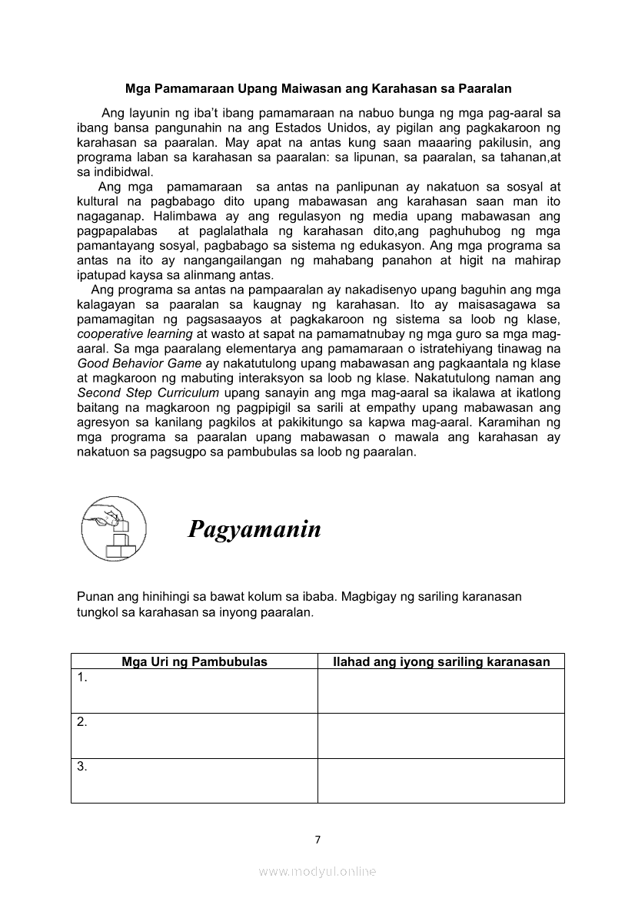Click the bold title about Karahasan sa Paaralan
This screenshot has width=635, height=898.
pos(318,89)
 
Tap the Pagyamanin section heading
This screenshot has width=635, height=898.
pos(254,529)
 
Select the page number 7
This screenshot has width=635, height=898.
pos(317,839)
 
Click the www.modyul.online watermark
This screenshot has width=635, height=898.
pos(317,871)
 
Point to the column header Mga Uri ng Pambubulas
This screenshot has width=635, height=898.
pos(194,661)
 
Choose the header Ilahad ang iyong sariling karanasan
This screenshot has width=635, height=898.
pos(441,661)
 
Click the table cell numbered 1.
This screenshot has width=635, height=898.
pos(194,691)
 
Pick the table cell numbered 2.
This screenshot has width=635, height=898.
pos(194,735)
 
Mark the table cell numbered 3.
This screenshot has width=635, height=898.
pos(194,780)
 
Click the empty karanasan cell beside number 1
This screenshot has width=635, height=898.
pos(441,691)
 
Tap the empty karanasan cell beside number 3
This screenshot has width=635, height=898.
pos(441,780)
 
